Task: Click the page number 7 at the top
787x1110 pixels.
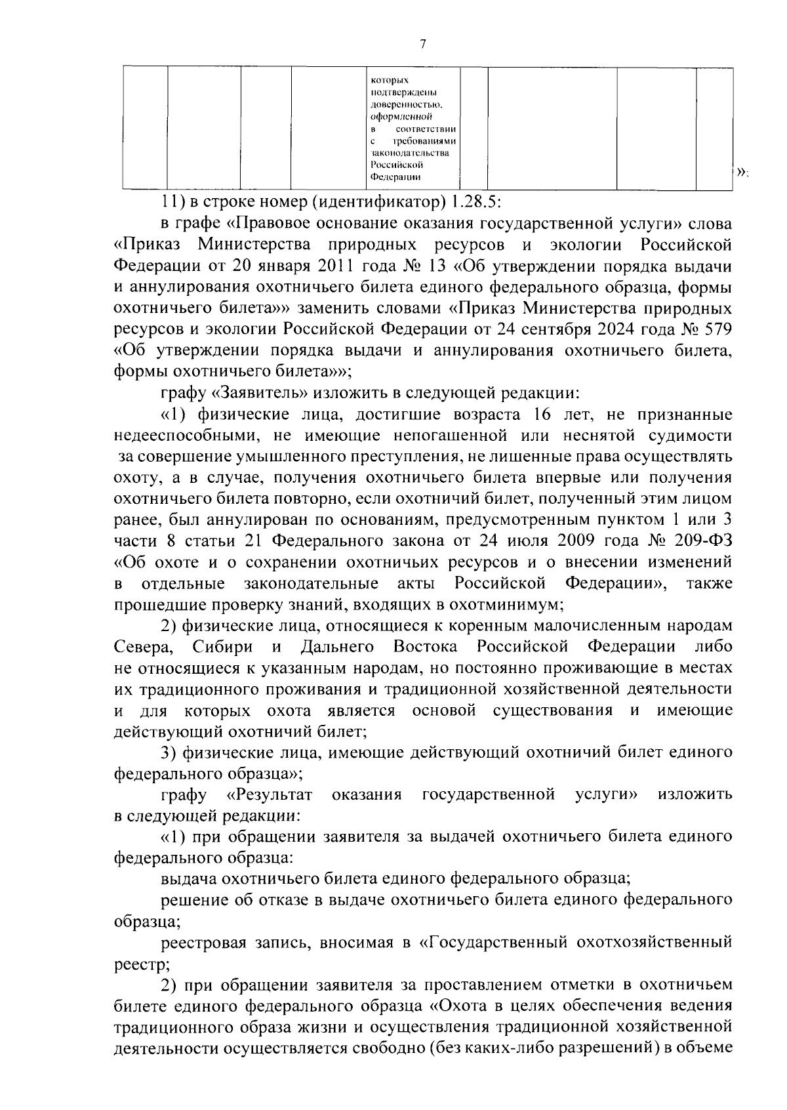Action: pos(422,45)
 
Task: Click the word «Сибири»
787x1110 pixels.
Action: pos(223,646)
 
